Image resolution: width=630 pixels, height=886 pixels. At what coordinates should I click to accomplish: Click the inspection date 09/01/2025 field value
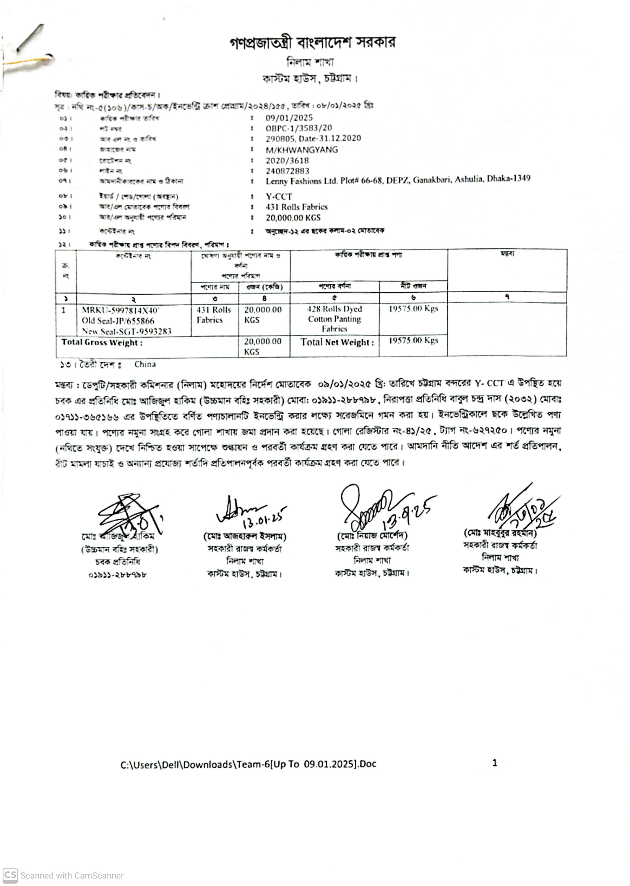289,118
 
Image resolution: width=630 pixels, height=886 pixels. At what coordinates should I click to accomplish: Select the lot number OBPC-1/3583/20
299,128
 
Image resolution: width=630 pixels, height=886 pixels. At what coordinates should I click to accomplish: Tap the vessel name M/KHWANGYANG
301,150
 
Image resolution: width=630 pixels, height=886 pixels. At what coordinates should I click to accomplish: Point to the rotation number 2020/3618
287,160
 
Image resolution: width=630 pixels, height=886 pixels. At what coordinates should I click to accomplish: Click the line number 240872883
288,171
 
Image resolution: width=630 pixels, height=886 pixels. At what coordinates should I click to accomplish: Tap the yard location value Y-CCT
279,197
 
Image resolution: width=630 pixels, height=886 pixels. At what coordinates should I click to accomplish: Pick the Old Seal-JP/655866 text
118,321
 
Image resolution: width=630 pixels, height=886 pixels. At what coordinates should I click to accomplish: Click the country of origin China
145,365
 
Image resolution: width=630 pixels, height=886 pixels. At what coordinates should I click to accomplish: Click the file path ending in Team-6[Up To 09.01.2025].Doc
248,764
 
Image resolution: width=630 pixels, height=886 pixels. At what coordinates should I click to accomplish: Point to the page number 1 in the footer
495,763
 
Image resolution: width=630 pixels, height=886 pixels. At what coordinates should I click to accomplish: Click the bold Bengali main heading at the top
312,42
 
